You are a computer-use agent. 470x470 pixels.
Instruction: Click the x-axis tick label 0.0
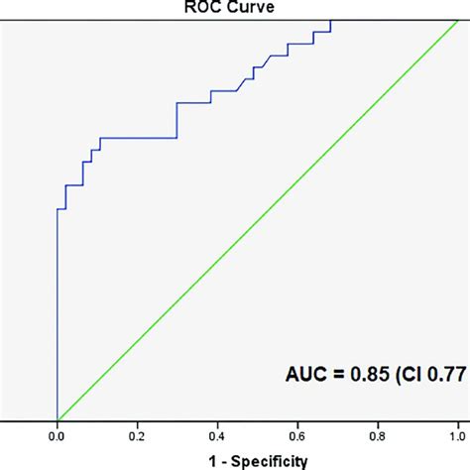coord(58,433)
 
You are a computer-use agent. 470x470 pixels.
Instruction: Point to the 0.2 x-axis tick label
coord(138,433)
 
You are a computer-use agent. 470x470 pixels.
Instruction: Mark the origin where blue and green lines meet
coord(58,418)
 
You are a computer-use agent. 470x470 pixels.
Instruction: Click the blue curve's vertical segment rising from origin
coord(58,317)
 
